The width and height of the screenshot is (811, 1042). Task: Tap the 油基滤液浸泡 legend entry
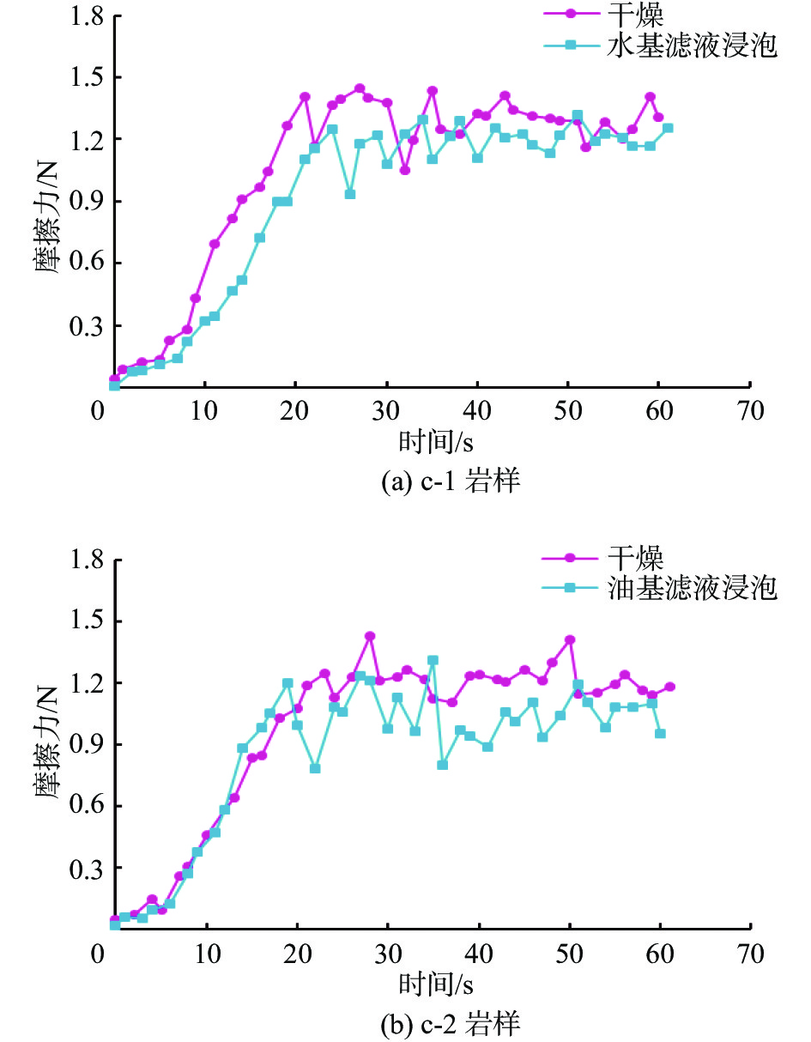click(690, 589)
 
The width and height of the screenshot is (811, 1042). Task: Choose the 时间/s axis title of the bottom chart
click(437, 983)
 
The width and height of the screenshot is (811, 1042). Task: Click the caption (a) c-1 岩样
click(451, 482)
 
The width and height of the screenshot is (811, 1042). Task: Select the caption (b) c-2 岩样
click(451, 1024)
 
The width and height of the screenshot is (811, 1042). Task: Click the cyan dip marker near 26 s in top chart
click(350, 194)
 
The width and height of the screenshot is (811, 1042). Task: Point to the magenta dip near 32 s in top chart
click(405, 170)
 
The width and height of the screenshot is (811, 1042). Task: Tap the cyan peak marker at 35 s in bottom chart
click(433, 660)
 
